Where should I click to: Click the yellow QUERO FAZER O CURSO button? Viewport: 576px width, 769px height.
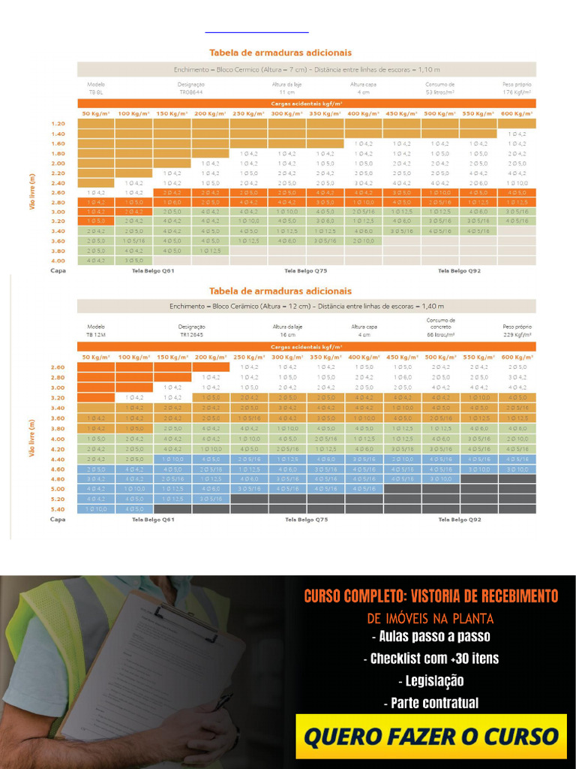click(431, 736)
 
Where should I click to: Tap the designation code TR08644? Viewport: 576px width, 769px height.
click(191, 92)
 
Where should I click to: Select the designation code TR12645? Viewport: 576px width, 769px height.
click(191, 335)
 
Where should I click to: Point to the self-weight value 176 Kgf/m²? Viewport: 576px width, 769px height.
click(517, 92)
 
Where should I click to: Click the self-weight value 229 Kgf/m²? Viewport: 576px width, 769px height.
click(517, 335)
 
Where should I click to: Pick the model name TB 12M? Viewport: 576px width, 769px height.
click(96, 335)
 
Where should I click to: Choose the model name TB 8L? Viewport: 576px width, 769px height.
click(96, 92)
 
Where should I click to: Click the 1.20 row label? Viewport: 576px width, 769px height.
click(58, 123)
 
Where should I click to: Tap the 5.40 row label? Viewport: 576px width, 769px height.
click(58, 508)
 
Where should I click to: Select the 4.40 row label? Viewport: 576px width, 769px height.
click(58, 458)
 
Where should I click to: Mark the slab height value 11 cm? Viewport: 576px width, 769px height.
click(286, 92)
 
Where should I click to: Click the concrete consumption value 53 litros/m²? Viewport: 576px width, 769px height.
click(439, 92)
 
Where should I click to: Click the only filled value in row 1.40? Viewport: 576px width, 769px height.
click(517, 134)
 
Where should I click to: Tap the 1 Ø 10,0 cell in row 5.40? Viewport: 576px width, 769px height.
click(96, 508)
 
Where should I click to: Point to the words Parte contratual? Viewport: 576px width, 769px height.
click(430, 704)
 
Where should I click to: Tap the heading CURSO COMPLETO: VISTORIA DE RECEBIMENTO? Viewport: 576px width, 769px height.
click(430, 596)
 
